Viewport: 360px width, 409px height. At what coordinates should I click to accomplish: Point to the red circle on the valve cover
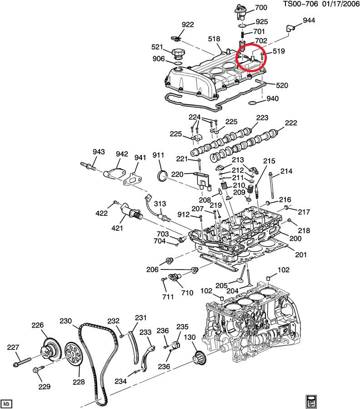coord(251,58)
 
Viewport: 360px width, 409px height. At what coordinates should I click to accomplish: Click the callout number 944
coord(309,20)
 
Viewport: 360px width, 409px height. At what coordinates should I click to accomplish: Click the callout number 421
coord(117,228)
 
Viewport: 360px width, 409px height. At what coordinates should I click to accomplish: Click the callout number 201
coord(301,254)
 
